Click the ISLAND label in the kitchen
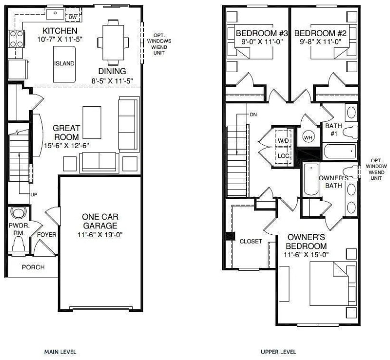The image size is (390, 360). coord(64,63)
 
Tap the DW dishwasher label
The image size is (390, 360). coord(73,18)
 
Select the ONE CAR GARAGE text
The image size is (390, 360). coord(100,221)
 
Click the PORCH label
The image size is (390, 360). coord(33,267)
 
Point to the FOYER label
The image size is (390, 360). coord(47,235)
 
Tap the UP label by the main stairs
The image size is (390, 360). coord(34,194)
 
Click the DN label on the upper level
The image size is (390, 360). coord(253,114)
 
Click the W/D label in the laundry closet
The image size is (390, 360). coord(283,141)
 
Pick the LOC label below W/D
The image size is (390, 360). coord(283,156)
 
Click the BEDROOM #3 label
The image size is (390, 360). coord(255,34)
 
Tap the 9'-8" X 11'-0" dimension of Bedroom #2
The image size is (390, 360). coord(320,42)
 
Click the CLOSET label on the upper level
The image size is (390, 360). coord(251,241)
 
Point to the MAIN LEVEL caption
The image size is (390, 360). coord(60,351)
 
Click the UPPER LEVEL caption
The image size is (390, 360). coord(278,351)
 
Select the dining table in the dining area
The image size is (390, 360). coord(113,42)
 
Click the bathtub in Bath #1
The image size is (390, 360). coord(340,151)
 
